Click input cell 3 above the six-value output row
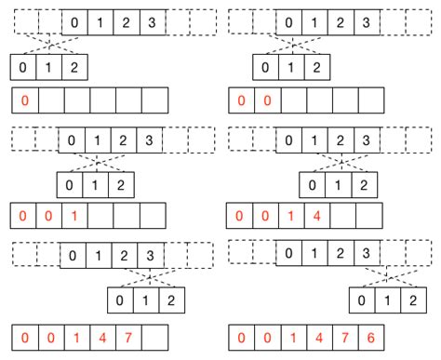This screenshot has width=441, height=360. click(x=370, y=252)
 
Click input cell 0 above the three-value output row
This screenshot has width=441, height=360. click(x=72, y=140)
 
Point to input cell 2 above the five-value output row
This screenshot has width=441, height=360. click(x=123, y=252)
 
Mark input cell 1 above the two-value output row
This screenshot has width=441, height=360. click(x=319, y=20)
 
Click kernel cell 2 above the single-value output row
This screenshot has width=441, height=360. click(x=77, y=67)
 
